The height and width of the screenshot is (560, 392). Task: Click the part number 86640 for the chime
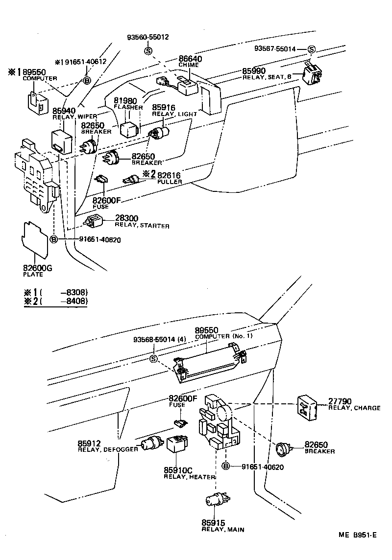click(191, 58)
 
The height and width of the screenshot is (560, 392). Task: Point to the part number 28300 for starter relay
click(126, 218)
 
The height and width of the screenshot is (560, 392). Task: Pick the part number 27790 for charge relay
click(340, 401)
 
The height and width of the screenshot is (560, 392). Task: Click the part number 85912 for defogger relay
click(89, 443)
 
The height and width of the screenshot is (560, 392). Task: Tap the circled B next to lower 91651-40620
click(226, 467)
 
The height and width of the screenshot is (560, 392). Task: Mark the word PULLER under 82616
click(170, 182)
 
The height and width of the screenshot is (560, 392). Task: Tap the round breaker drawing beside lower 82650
click(283, 448)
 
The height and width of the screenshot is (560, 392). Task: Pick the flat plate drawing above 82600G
click(35, 238)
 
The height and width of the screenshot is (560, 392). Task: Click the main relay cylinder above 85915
click(215, 501)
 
